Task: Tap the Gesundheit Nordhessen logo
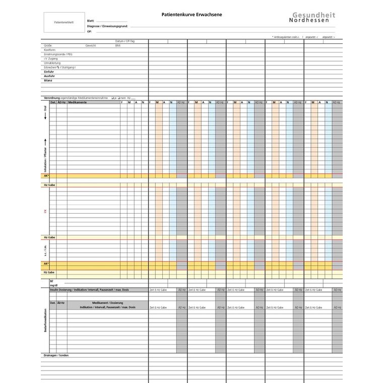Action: pos(313,18)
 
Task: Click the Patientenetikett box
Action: pos(63,23)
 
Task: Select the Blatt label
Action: pos(91,21)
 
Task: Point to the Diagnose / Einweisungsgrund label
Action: pos(107,26)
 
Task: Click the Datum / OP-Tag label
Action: pos(125,41)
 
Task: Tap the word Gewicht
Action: pos(91,45)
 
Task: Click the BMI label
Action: pos(118,45)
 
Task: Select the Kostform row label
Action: pos(49,50)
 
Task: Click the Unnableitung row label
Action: pos(52,62)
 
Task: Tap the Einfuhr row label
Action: pos(49,72)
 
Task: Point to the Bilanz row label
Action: pos(48,80)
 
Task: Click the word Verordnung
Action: pos(52,97)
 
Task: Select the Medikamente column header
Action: pos(78,102)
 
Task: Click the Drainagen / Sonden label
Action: pos(56,355)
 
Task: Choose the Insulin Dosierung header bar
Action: pos(89,290)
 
